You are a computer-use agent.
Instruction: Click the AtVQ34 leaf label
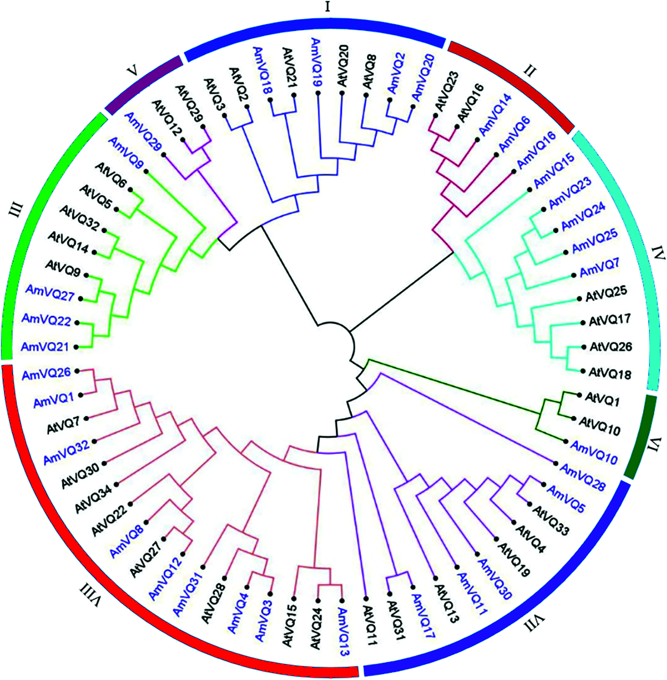[x=94, y=498]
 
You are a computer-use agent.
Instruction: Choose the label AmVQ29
[x=143, y=132]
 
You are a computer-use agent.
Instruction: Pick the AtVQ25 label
[x=606, y=294]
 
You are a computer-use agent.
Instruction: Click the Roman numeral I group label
[x=328, y=7]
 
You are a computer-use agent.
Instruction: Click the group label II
[x=530, y=70]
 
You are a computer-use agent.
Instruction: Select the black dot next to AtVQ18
[x=584, y=372]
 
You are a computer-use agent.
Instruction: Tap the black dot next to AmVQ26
[x=77, y=370]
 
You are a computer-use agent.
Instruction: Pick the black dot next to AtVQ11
[x=366, y=598]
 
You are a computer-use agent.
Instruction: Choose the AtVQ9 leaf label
[x=63, y=268]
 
